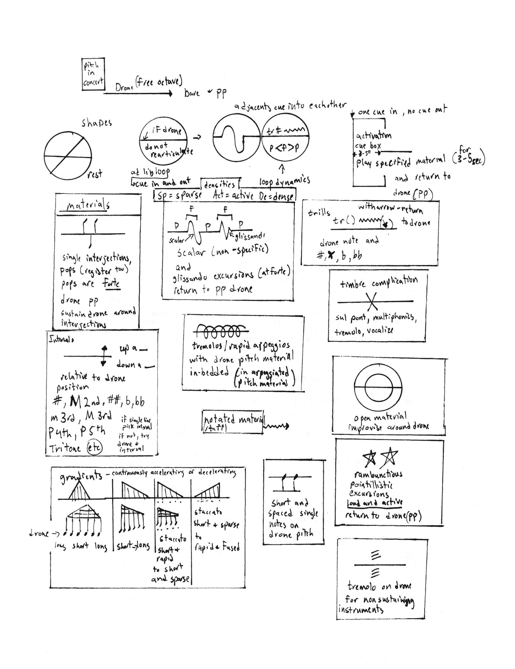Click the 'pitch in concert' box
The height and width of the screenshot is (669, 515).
[x=93, y=74]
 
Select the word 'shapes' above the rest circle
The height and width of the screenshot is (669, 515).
[x=97, y=123]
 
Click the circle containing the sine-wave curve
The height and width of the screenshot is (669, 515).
[x=236, y=136]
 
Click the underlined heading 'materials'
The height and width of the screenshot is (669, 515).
[x=88, y=205]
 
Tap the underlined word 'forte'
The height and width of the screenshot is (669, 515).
[x=112, y=284]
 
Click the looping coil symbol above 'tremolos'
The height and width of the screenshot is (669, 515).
[x=222, y=331]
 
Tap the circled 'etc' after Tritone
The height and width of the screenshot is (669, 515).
[x=94, y=448]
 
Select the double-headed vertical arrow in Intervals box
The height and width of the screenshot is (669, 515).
[x=104, y=355]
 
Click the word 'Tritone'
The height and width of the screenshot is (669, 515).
[x=65, y=449]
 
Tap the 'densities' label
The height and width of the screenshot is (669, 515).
[x=219, y=184]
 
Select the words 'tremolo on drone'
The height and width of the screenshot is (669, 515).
[x=379, y=586]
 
